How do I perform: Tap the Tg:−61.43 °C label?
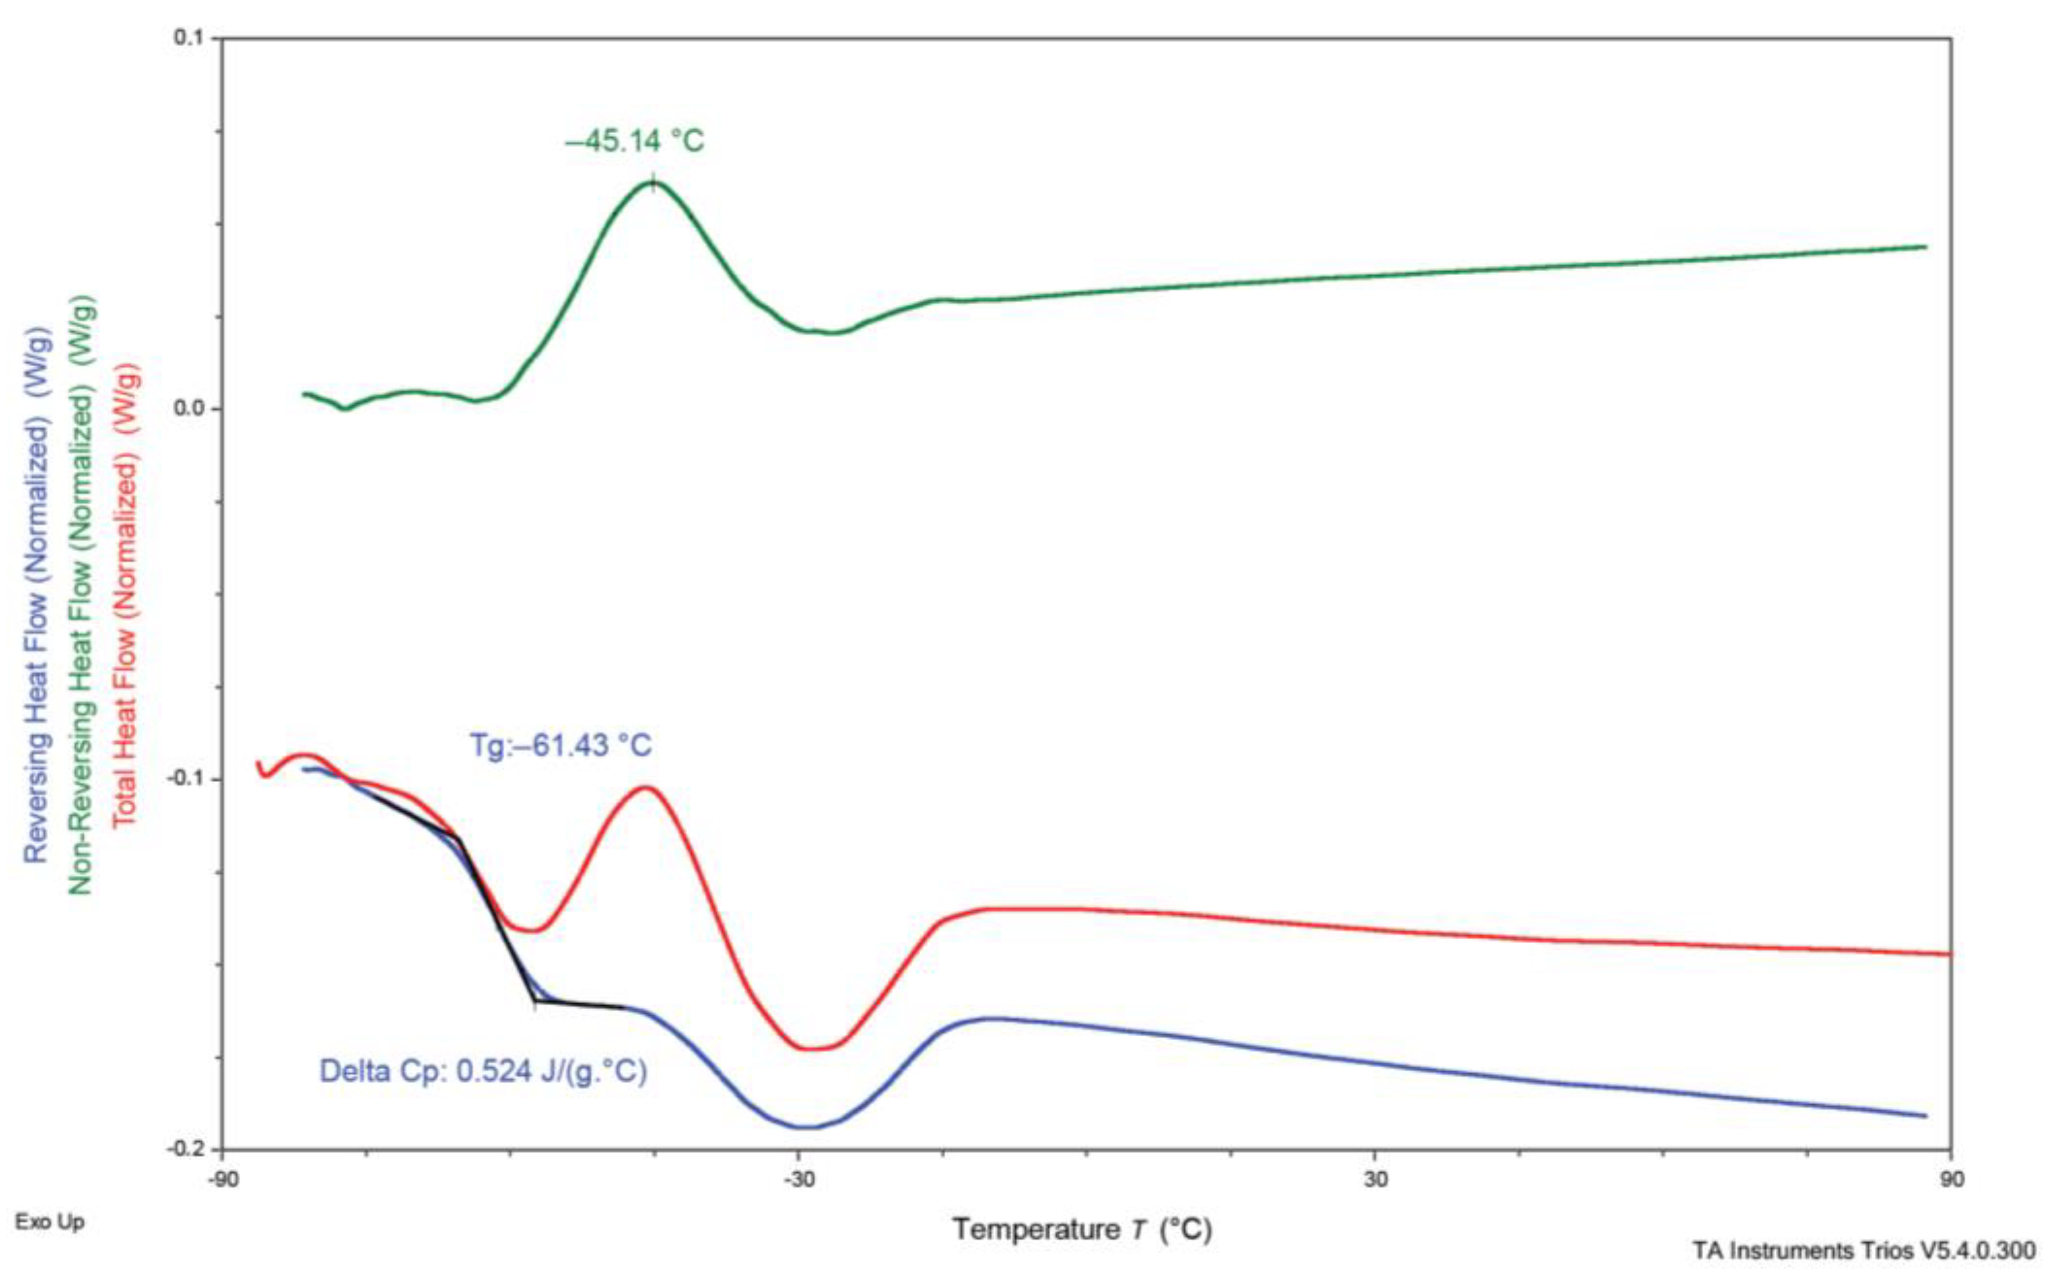[x=561, y=745]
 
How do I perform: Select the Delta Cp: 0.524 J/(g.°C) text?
[x=483, y=1072]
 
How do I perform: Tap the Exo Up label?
[x=50, y=1222]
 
